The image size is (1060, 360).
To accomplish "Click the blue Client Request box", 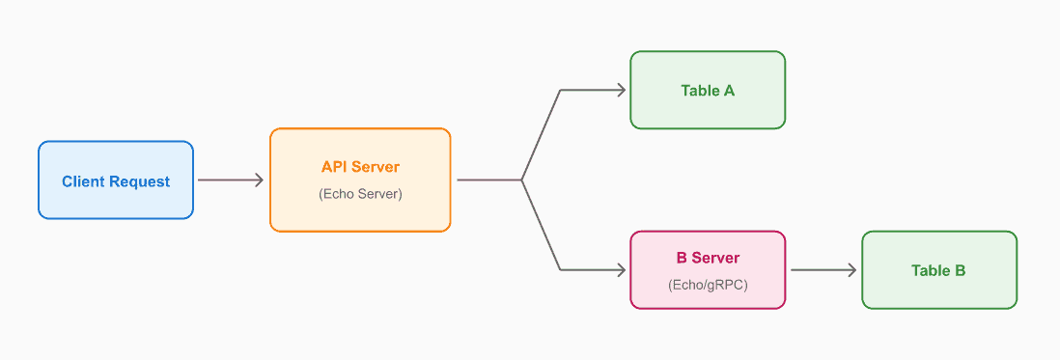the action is click(116, 180).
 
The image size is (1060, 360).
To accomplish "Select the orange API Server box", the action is click(360, 180).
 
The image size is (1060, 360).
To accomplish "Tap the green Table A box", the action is click(708, 90).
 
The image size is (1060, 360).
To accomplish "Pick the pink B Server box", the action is click(708, 270).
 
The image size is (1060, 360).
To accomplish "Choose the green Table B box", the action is click(938, 270).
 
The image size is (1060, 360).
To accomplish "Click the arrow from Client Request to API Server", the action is click(230, 180).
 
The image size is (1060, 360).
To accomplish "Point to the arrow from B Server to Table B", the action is click(823, 270).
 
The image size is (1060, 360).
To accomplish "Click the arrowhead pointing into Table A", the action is click(621, 90).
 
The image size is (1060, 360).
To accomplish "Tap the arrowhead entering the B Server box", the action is click(621, 270).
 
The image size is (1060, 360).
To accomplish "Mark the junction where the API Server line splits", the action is click(522, 180).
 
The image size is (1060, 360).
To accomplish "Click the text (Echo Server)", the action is click(360, 194).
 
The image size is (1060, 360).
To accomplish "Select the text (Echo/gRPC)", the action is click(708, 285).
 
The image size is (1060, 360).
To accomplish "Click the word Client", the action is click(84, 181).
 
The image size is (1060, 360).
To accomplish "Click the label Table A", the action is click(708, 91).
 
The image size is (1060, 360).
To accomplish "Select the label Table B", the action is click(938, 270).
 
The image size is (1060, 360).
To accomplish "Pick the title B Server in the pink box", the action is click(708, 258).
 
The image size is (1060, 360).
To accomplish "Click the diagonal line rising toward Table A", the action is click(542, 135).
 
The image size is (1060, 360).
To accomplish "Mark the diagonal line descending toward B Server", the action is click(542, 226).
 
